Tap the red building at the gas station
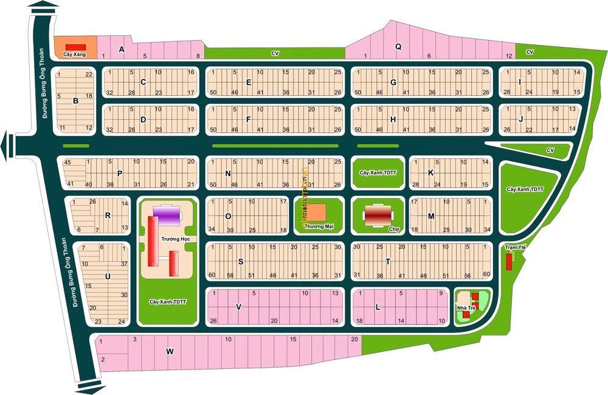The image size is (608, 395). [x=76, y=47]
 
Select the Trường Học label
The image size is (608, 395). [x=173, y=239]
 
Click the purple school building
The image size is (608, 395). [x=167, y=215]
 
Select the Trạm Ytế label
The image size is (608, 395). [x=514, y=248]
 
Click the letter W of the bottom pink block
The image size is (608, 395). [x=170, y=351]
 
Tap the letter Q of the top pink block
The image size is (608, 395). [x=398, y=46]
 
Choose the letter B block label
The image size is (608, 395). [x=75, y=101]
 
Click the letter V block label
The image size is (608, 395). [x=238, y=307]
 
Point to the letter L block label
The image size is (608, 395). [x=378, y=307]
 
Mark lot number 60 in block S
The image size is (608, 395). [x=212, y=275]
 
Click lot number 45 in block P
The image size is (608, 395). [x=67, y=162]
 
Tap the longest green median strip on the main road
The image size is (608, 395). [x=274, y=146]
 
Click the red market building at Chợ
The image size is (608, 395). [x=378, y=215]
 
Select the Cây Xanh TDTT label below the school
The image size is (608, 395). [x=167, y=301]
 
